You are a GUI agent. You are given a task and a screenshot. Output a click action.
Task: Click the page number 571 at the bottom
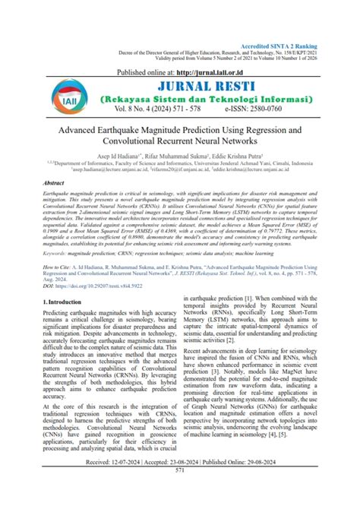[x=180, y=492]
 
